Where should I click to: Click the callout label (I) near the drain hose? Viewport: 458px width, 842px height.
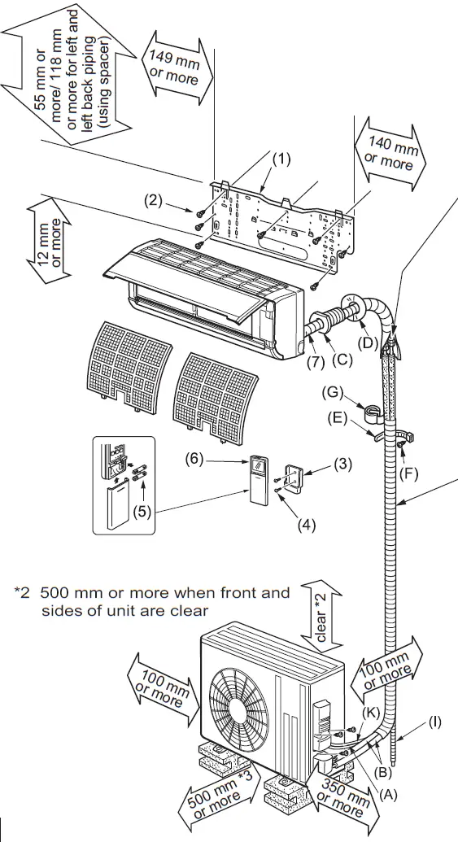point(435,721)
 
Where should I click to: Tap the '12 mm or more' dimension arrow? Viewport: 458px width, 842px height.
point(42,245)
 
